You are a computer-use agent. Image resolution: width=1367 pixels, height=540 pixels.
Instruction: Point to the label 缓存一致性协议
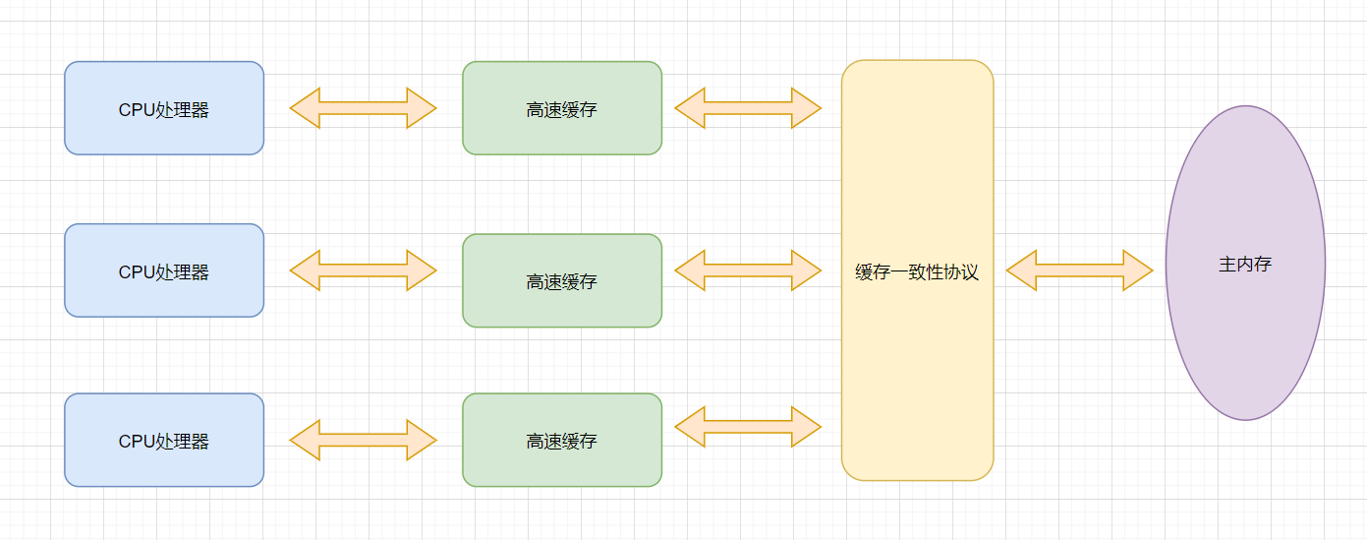point(917,272)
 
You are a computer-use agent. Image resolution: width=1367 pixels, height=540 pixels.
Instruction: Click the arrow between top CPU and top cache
point(363,108)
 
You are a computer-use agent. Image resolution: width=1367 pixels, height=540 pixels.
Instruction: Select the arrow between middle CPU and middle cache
point(363,270)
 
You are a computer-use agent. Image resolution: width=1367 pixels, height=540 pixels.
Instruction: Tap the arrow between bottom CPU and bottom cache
point(363,441)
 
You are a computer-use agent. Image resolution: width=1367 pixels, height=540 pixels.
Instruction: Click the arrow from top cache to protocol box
point(748,108)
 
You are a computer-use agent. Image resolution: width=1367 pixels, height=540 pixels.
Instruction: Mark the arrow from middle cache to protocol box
point(748,270)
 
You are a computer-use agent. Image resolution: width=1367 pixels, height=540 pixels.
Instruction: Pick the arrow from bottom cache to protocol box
point(748,427)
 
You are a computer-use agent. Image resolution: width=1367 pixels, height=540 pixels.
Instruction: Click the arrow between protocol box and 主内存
point(1079,270)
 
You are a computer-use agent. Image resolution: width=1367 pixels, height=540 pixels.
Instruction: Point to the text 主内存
point(1245,264)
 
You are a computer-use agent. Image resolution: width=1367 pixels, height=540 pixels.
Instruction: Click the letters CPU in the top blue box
point(137,110)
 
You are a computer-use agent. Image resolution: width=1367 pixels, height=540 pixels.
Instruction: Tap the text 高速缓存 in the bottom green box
point(562,442)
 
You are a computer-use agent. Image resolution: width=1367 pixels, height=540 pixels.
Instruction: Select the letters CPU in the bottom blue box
point(137,442)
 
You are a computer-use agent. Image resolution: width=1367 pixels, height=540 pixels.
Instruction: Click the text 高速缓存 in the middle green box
point(562,282)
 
